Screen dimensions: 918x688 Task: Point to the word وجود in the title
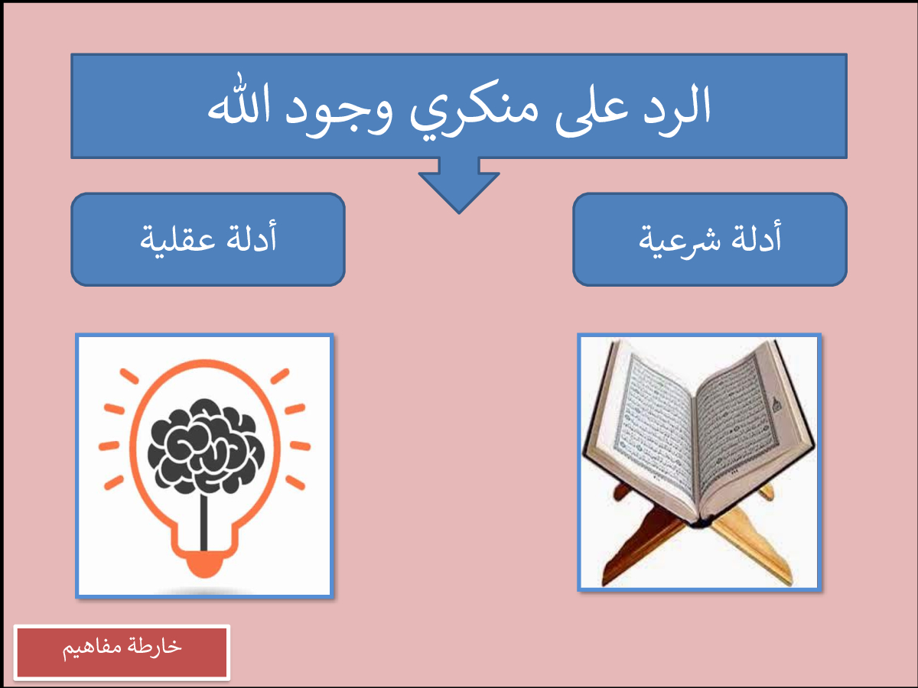tap(339, 114)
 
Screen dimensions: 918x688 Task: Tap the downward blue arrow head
tap(459, 192)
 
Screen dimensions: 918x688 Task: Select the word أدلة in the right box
tap(756, 236)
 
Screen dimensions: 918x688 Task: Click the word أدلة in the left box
tap(252, 236)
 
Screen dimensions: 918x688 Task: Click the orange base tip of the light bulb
tap(204, 564)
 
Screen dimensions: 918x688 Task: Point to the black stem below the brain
tap(203, 523)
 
